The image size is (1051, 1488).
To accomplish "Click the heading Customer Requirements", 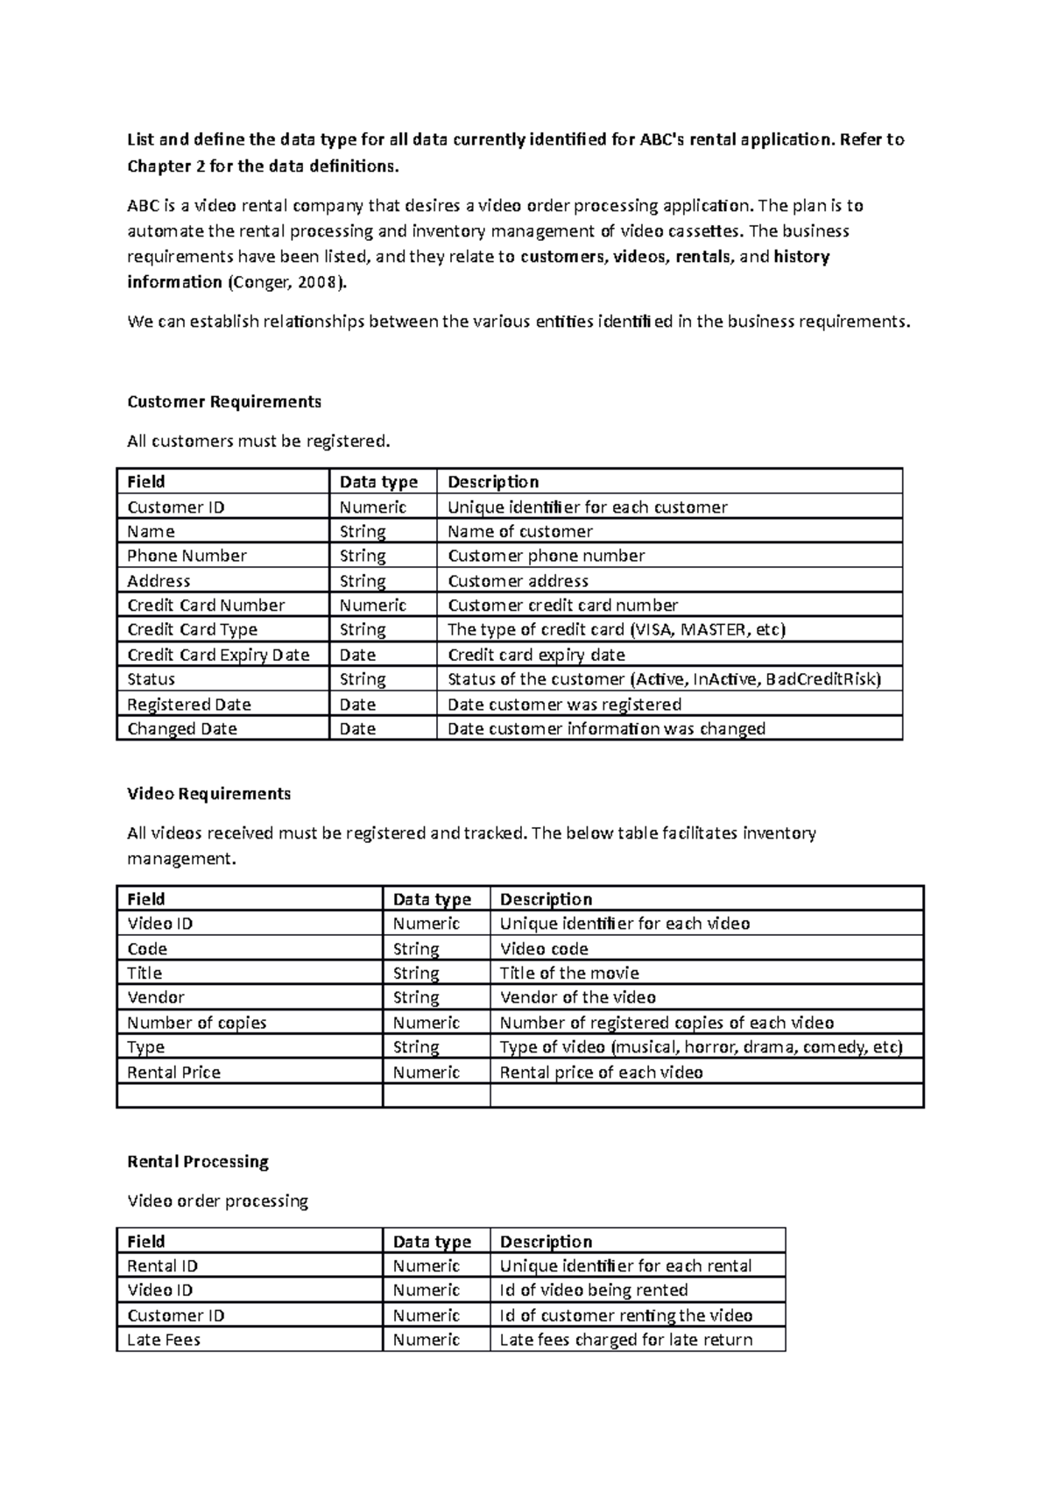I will click(x=224, y=401).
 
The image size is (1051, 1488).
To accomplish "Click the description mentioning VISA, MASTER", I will click(x=617, y=629).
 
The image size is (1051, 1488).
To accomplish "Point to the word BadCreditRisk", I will click(x=822, y=679).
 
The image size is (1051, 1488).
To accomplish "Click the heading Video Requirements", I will click(x=208, y=794).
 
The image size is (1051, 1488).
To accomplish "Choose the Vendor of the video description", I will click(x=577, y=997).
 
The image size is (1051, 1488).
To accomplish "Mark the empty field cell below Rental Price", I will click(x=249, y=1096).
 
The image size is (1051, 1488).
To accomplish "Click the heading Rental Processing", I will click(x=198, y=1162).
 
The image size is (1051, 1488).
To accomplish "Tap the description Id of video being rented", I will click(x=593, y=1290).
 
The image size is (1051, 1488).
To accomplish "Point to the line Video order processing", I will click(x=217, y=1201).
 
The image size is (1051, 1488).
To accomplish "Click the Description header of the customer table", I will click(x=493, y=482).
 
